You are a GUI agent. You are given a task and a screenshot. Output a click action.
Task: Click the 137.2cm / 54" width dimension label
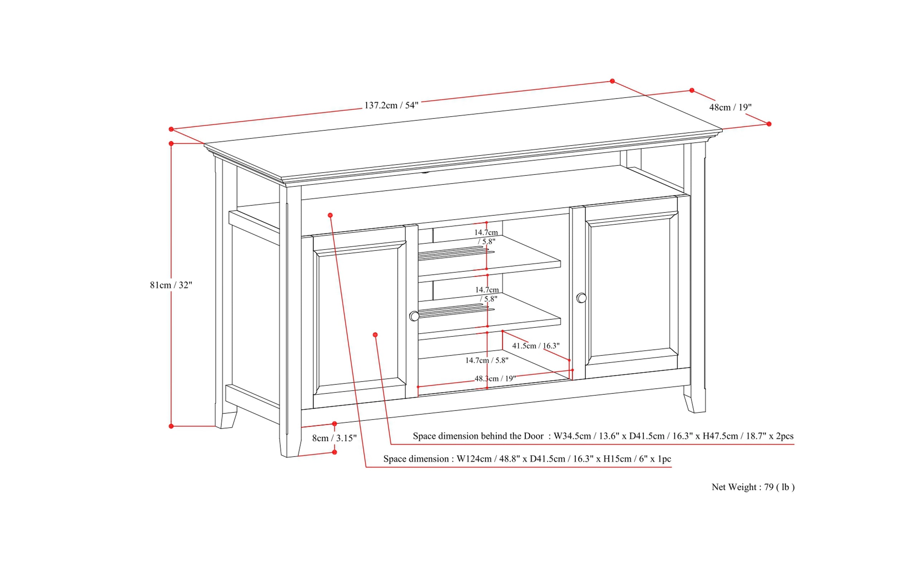(x=391, y=105)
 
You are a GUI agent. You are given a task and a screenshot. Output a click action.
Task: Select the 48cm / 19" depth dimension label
(x=730, y=108)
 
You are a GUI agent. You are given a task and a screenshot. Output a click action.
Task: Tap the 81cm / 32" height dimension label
(x=171, y=285)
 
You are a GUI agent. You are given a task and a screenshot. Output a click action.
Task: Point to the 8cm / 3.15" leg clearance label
(x=334, y=439)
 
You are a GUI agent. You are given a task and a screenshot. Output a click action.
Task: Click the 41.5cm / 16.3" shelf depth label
(x=536, y=346)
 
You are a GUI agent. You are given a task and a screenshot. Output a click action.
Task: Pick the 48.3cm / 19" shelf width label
(x=495, y=379)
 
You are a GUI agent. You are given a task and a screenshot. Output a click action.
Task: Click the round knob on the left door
(x=414, y=316)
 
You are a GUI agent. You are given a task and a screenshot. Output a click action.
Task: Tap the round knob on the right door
(x=581, y=298)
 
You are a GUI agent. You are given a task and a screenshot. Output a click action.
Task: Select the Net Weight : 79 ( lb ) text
(x=752, y=487)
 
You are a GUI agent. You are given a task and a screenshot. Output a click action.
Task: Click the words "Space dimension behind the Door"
(x=478, y=436)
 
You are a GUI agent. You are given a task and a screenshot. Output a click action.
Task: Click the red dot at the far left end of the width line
(x=171, y=129)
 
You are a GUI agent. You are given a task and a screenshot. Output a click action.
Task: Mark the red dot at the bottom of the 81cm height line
(x=171, y=426)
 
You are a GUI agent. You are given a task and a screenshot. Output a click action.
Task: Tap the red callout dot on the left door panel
(x=375, y=335)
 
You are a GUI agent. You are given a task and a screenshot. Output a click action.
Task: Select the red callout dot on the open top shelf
(x=330, y=215)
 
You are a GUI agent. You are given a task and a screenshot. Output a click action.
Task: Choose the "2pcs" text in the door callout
(x=784, y=436)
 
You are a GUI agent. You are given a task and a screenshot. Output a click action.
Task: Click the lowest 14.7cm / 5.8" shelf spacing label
(x=487, y=360)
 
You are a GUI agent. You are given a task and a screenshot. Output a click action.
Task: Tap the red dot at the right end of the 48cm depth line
(x=769, y=124)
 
